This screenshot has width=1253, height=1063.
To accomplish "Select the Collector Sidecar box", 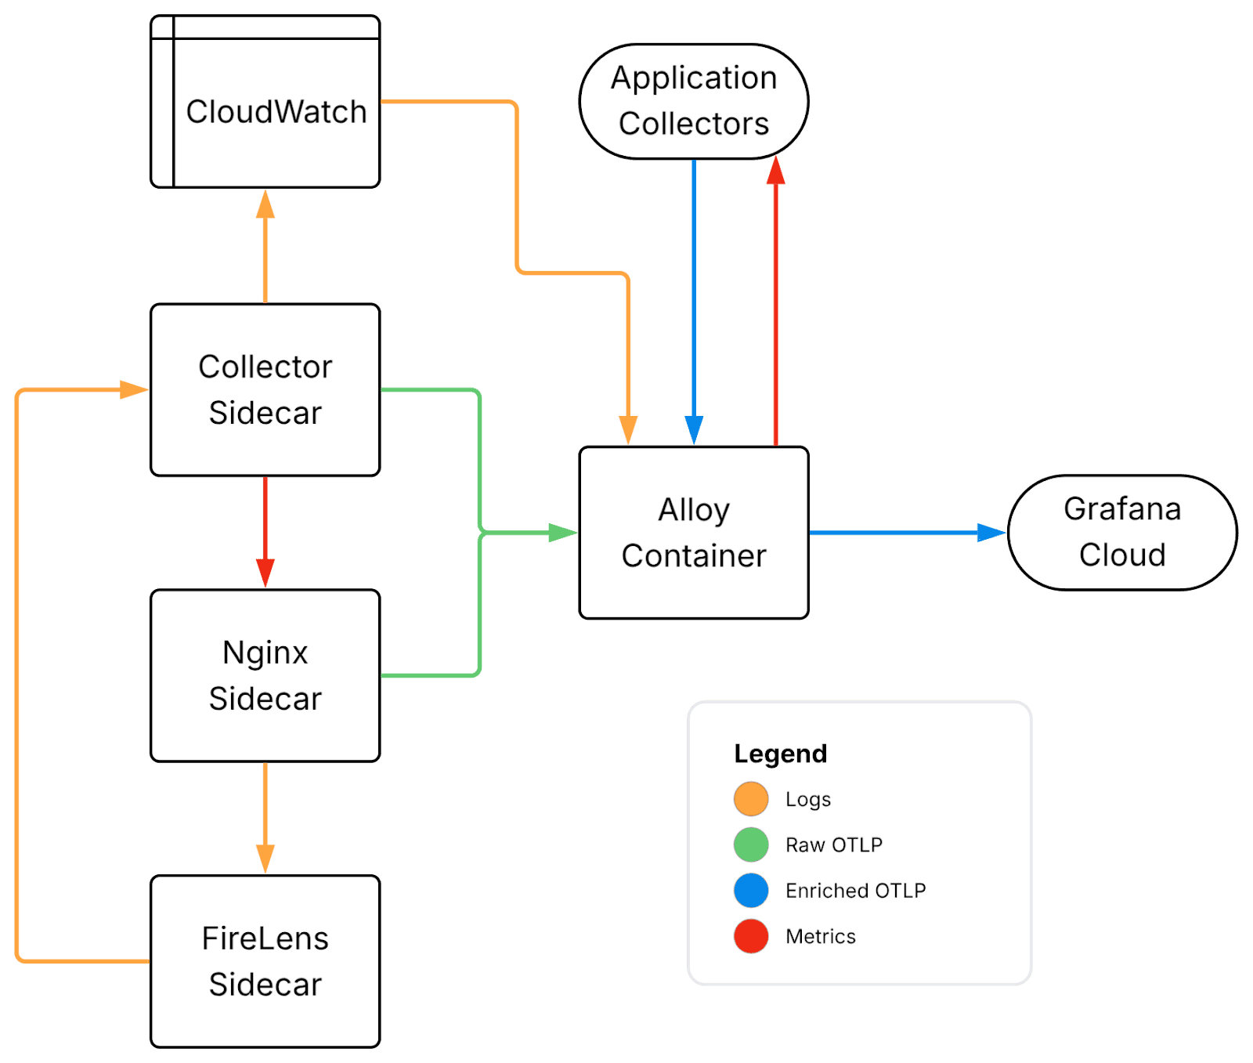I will click(x=265, y=389).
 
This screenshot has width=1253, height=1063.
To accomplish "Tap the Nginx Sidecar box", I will click(x=265, y=675).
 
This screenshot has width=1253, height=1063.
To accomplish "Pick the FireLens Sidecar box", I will click(x=265, y=961).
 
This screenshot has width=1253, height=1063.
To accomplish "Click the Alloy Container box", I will click(x=694, y=533).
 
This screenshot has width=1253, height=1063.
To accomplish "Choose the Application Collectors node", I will click(x=694, y=101).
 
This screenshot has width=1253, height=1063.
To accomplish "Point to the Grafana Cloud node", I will click(x=1122, y=532).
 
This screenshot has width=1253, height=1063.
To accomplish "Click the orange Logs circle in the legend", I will click(x=751, y=799).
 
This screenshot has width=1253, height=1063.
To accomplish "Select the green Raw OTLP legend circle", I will click(x=751, y=844).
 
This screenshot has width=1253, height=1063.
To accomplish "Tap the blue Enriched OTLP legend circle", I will click(x=751, y=891).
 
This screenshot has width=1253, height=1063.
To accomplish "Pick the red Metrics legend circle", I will click(x=751, y=936).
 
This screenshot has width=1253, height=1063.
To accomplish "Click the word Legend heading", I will click(x=780, y=754).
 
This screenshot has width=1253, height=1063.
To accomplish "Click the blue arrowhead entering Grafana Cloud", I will click(x=991, y=533).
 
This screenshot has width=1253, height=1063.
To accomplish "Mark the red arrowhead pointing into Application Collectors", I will click(x=775, y=172).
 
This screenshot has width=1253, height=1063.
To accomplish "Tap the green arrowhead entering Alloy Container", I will click(x=562, y=533).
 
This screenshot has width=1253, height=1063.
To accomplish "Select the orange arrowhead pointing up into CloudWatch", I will click(x=265, y=204).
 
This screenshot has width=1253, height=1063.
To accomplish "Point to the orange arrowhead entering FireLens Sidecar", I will click(x=265, y=859).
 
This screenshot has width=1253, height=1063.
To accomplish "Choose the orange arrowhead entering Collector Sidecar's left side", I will click(x=134, y=389).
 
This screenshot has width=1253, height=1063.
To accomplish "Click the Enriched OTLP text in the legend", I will click(x=855, y=891).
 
